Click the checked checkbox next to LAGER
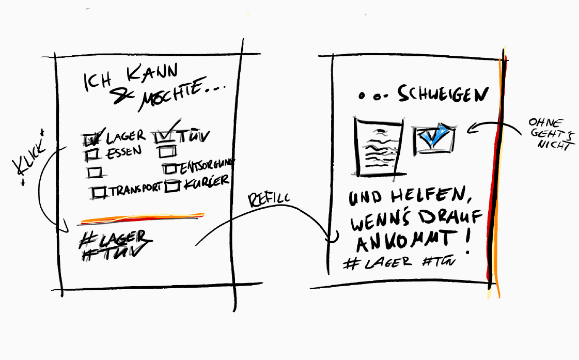[91, 138]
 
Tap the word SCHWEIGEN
[443, 95]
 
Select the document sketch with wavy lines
[377, 147]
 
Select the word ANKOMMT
[403, 242]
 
